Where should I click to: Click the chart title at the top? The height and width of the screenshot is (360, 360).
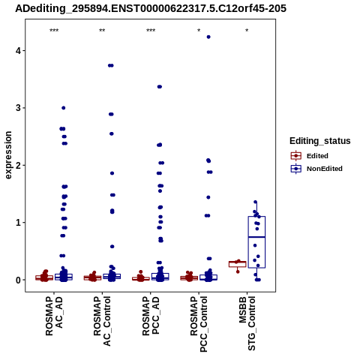coord(151,8)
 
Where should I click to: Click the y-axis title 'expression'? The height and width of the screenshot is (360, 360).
coord(8,155)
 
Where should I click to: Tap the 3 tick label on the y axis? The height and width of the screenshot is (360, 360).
coord(18,108)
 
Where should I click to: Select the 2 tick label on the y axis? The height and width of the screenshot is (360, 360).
coord(18,165)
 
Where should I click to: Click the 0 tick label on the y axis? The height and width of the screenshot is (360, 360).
coord(18,280)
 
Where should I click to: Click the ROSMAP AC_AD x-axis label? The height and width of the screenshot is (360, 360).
coord(54,316)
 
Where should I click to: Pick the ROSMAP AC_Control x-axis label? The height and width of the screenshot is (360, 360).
coord(102,321)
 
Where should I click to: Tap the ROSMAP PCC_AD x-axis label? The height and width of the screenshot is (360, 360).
coord(151,316)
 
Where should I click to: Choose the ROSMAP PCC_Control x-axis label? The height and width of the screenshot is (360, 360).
coord(199,324)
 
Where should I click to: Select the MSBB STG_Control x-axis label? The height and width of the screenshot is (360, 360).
coord(247,323)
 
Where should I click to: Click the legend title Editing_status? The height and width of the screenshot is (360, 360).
coord(320,141)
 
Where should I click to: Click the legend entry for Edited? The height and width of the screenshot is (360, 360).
coord(310,156)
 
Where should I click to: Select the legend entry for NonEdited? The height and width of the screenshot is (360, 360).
coord(316,169)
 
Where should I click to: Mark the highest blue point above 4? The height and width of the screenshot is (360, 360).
coord(208,37)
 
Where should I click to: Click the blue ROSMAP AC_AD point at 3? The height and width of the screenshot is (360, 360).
coord(64,108)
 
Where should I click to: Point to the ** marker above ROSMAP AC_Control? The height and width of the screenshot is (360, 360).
coord(102,31)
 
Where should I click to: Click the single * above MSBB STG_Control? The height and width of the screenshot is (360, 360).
coord(247,31)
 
